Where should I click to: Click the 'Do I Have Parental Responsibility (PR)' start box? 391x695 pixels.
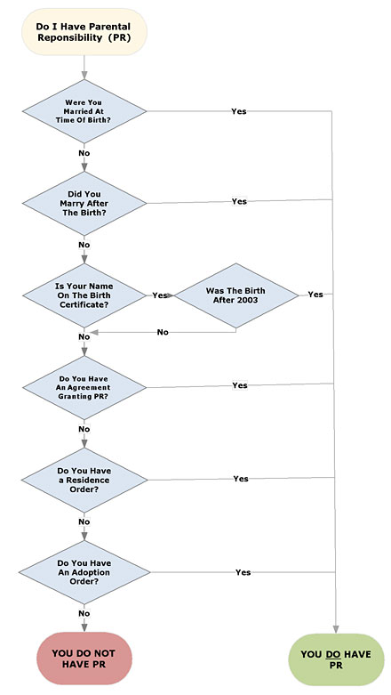point(84,32)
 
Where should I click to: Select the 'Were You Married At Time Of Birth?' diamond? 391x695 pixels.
point(84,111)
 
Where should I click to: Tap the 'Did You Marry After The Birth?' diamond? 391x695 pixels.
point(84,204)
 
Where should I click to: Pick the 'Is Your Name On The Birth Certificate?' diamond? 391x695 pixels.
point(84,295)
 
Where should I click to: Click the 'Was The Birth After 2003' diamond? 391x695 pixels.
point(236,295)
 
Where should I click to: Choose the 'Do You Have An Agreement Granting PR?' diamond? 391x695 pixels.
point(84,387)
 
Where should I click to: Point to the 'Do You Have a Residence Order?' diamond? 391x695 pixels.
point(84,480)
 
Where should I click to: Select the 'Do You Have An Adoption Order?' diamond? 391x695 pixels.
point(84,572)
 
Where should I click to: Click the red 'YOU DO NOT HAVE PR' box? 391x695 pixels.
point(84,659)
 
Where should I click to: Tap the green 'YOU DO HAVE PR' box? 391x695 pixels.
point(336,659)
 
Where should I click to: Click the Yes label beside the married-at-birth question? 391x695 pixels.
point(239,111)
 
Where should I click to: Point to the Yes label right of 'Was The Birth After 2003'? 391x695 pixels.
point(315,295)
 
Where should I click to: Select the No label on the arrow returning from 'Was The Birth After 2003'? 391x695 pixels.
point(163,332)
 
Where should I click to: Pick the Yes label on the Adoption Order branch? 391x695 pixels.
point(243,572)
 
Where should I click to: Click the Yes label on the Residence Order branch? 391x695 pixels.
point(241,479)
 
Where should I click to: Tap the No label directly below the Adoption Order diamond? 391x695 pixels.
point(84,613)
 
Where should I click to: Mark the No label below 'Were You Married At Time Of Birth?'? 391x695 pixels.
point(84,153)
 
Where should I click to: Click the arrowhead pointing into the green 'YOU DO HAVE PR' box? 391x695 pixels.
point(336,629)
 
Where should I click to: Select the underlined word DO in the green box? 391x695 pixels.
point(331,655)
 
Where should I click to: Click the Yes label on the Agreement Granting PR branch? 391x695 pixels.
point(240,385)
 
